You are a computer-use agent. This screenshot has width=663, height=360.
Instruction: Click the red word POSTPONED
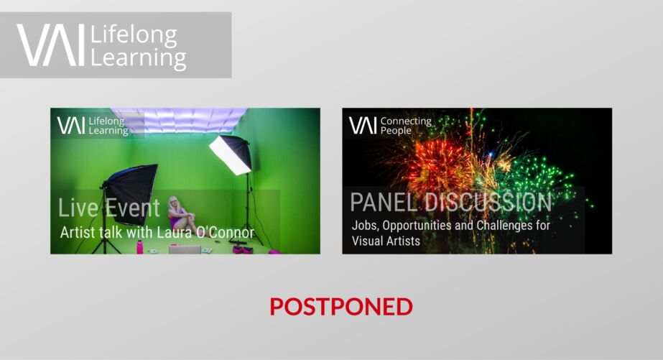click(341, 306)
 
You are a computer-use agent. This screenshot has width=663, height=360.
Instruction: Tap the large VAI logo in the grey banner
click(51, 45)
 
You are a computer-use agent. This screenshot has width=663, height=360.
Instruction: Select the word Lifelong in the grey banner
click(134, 35)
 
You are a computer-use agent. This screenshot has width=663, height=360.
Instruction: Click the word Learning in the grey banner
click(138, 58)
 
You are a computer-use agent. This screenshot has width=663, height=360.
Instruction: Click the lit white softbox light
click(231, 154)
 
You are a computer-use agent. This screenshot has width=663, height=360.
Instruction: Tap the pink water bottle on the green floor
click(139, 246)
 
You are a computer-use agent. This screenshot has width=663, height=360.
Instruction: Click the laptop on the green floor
click(185, 249)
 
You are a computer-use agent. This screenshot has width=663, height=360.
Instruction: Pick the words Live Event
click(109, 208)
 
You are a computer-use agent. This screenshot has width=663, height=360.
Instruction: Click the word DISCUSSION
click(488, 202)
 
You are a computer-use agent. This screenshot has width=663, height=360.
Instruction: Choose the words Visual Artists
click(386, 241)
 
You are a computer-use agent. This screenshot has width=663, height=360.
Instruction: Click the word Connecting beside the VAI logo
click(406, 121)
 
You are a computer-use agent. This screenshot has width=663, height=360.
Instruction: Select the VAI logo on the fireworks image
click(363, 126)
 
